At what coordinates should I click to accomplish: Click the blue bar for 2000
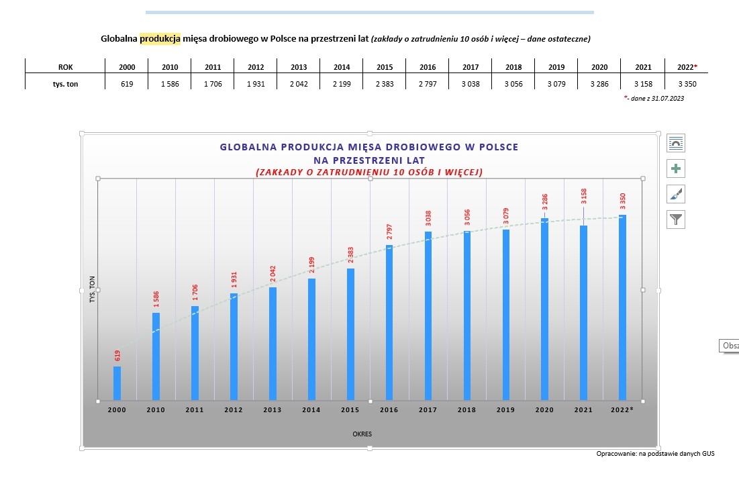[x=117, y=383]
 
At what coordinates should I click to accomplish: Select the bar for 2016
[x=389, y=322]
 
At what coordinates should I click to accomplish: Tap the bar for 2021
[x=583, y=312]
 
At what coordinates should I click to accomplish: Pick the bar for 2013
[x=273, y=343]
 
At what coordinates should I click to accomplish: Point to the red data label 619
[x=117, y=356]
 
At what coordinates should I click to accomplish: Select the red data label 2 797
[x=389, y=233]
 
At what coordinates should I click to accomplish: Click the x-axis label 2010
[x=156, y=409]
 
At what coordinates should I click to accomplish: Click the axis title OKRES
[x=362, y=434]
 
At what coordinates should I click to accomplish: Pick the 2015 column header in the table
[x=385, y=67]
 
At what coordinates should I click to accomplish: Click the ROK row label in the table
[x=65, y=67]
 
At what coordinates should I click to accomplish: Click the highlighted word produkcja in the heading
[x=160, y=39]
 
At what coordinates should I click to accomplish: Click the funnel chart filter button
[x=676, y=219]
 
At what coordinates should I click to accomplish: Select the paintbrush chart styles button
[x=676, y=194]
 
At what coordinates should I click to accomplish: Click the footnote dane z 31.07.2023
[x=656, y=99]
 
